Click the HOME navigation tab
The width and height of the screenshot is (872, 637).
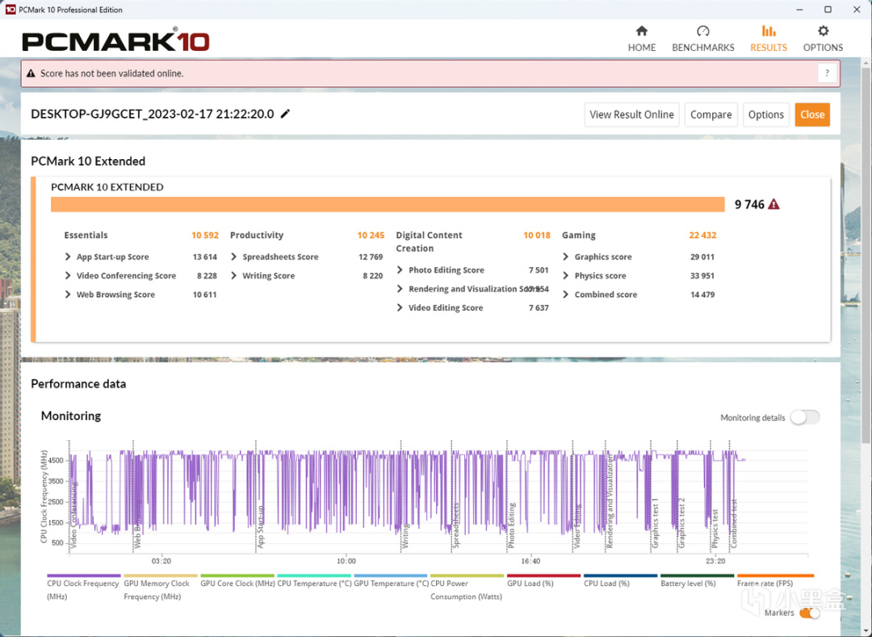coord(642,38)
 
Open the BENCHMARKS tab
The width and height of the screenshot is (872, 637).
coord(703,38)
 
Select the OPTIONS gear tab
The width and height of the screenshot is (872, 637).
coord(823,38)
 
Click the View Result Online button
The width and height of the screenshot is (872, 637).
coord(631,115)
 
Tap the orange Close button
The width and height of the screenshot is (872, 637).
coord(812,115)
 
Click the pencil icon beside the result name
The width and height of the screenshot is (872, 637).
coord(285,114)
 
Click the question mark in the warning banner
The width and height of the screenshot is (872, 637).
coord(827,73)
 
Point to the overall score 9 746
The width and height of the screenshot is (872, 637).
coord(749,205)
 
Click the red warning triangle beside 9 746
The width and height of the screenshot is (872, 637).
coord(773,205)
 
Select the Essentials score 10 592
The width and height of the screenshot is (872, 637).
coord(205,236)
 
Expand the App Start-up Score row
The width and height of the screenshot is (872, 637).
coord(69,257)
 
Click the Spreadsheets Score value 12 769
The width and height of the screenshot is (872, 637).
coord(371,257)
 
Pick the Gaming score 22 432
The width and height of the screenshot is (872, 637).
coord(702,236)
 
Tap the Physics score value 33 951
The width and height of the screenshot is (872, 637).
coord(702,276)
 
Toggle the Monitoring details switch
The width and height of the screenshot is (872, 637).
coord(805,417)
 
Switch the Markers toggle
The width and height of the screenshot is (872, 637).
coord(809,614)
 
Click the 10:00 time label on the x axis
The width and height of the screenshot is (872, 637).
coord(346,560)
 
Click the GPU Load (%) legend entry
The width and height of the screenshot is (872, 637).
coord(530,583)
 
